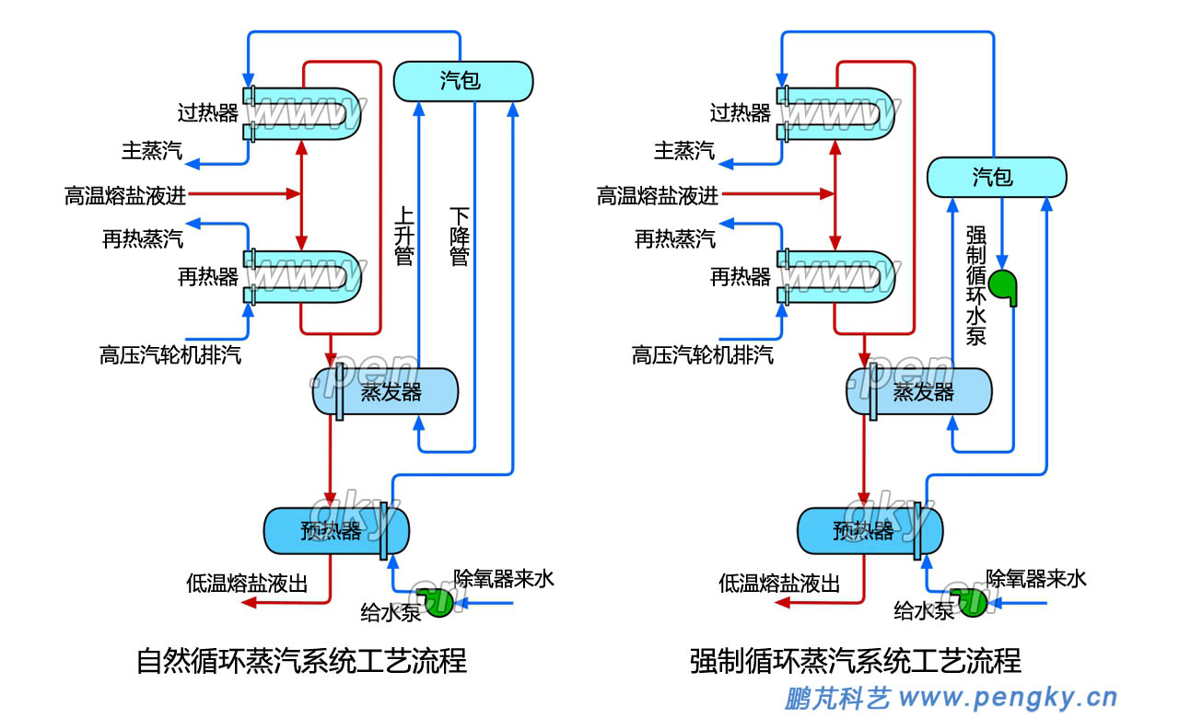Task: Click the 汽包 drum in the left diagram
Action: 463,81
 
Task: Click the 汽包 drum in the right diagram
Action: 996,177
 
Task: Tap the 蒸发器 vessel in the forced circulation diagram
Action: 918,393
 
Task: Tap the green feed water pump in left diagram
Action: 440,602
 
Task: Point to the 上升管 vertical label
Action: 403,236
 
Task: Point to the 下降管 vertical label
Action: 459,236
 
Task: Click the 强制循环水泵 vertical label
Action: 975,285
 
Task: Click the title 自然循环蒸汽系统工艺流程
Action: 301,661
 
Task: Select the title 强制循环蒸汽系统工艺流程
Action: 856,661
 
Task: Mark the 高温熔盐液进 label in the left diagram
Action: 125,195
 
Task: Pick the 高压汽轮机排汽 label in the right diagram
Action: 703,355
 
